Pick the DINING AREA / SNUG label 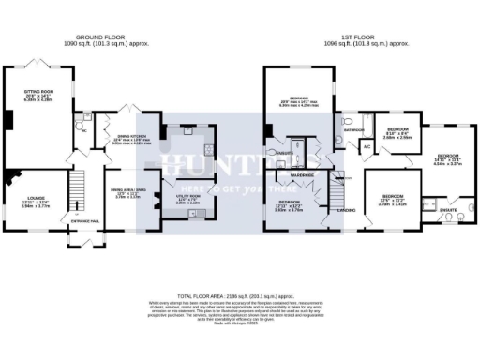pyautogui.click(x=127, y=194)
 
